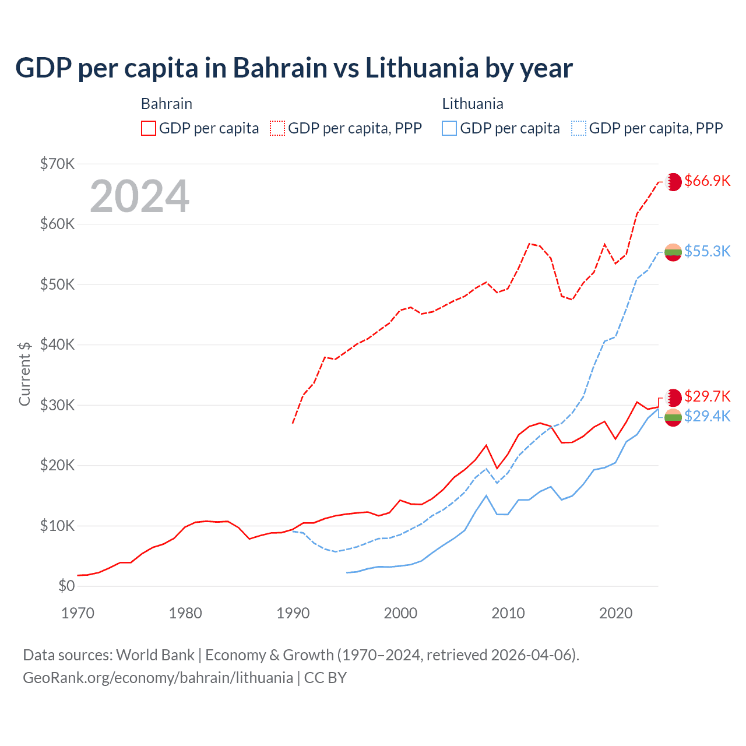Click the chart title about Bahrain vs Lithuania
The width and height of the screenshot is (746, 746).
point(294,68)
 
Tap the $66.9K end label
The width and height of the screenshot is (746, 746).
point(707,181)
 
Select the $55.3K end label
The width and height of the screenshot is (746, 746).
point(707,251)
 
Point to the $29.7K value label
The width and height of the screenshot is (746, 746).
point(707,396)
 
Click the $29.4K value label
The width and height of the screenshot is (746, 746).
point(707,416)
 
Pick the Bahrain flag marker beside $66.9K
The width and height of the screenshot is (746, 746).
point(673,182)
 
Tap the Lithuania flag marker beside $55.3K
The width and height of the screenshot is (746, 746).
point(673,252)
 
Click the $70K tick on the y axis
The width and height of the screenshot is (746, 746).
point(57,164)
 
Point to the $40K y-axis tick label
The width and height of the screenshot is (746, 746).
point(57,344)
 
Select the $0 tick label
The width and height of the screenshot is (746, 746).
point(66,586)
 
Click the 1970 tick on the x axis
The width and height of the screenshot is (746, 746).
point(78,613)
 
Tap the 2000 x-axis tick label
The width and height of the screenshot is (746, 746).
point(400,613)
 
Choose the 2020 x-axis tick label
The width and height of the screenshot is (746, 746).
point(615,613)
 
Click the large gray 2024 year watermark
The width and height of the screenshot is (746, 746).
point(139,196)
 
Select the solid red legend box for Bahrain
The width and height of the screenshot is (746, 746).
point(149,128)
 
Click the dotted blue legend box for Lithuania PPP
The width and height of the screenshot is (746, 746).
point(579,128)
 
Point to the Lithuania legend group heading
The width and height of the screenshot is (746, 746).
point(472,104)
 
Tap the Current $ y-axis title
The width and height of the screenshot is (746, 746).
point(24,374)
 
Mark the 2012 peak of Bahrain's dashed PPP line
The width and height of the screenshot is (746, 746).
point(529,243)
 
